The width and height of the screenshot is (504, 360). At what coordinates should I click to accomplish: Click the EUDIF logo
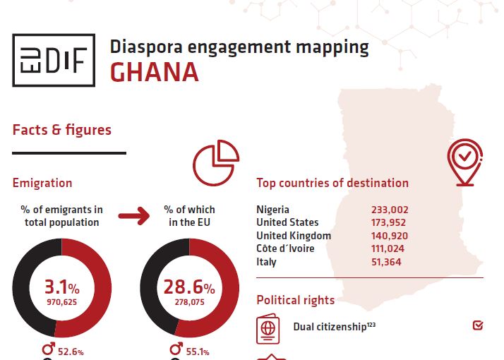(54, 61)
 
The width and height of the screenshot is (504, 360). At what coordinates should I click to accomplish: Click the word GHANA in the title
(155, 72)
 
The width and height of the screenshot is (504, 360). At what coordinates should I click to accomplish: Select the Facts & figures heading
(61, 130)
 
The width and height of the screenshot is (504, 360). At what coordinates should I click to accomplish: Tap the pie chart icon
(216, 162)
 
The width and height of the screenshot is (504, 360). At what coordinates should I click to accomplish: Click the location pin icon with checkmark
(464, 162)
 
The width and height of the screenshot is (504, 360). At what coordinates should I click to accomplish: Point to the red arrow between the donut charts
(133, 215)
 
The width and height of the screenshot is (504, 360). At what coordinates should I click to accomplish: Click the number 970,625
(61, 301)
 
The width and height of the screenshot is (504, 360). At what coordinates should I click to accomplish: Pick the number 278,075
(188, 301)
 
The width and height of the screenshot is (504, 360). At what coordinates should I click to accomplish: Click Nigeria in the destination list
(272, 210)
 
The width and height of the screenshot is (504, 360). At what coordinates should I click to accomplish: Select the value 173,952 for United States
(390, 222)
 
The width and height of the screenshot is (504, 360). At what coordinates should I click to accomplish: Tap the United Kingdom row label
(294, 236)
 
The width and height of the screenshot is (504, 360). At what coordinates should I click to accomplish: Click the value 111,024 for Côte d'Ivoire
(390, 248)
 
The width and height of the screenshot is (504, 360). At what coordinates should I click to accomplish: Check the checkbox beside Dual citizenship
(478, 326)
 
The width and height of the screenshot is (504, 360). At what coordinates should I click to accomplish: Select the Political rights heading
(295, 300)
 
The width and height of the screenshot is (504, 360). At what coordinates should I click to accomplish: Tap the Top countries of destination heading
(332, 183)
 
